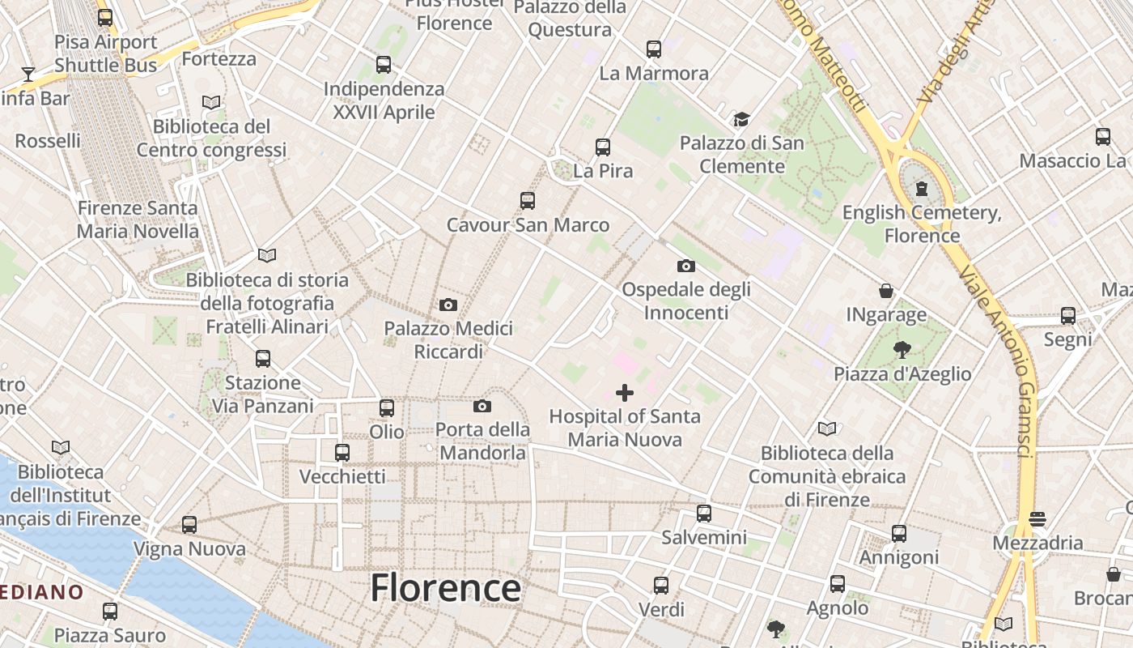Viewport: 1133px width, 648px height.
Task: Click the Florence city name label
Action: tap(445, 588)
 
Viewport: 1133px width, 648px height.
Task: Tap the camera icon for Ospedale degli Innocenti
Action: tap(685, 266)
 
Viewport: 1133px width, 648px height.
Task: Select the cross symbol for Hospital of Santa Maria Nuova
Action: tap(625, 393)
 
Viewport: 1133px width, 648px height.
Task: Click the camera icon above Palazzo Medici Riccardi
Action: tap(448, 305)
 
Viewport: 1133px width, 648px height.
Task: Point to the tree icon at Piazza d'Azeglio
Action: tap(902, 350)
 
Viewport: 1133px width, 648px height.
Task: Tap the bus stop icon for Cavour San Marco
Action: tap(528, 200)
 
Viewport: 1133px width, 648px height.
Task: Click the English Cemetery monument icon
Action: tap(921, 190)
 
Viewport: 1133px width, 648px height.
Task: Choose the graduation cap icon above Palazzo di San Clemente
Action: tap(741, 120)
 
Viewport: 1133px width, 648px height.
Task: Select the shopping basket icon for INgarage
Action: tap(886, 290)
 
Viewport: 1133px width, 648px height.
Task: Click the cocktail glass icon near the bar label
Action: tap(28, 75)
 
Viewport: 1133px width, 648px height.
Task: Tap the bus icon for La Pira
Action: tap(603, 147)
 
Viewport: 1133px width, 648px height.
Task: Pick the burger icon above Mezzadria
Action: tap(1038, 518)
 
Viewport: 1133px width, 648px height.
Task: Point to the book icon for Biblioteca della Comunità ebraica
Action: tap(827, 428)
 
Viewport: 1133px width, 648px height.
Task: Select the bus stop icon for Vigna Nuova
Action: tap(189, 525)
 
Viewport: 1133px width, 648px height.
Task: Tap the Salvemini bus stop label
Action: tap(704, 537)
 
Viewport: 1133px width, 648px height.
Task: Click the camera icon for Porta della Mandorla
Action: tap(482, 406)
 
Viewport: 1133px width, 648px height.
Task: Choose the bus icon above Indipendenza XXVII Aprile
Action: tap(384, 65)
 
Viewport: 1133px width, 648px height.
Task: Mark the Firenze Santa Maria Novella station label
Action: tap(138, 220)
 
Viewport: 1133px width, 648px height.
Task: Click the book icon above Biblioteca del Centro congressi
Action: tap(211, 102)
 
